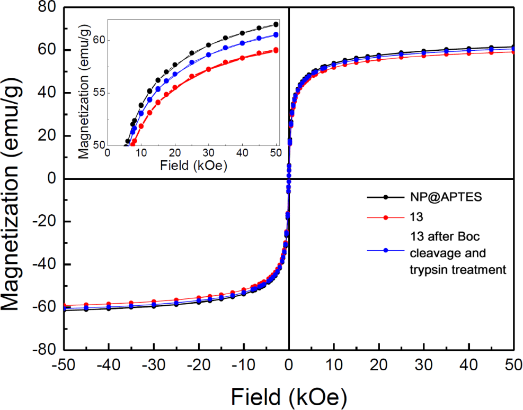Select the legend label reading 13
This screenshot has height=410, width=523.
(x=416, y=217)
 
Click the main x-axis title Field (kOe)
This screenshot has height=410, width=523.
(x=289, y=395)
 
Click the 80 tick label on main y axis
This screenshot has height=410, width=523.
(x=46, y=8)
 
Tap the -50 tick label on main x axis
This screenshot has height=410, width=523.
(x=64, y=366)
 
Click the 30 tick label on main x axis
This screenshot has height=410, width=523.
(x=424, y=366)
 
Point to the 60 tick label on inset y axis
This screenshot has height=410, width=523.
(x=99, y=41)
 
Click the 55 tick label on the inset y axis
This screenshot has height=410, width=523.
(x=99, y=93)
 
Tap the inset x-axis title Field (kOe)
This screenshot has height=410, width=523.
(x=192, y=165)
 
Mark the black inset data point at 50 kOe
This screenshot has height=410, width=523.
(x=276, y=24)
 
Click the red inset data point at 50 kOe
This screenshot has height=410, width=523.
(x=276, y=50)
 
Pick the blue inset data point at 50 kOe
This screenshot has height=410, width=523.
(x=276, y=35)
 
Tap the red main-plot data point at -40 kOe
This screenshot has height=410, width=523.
(x=109, y=304)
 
